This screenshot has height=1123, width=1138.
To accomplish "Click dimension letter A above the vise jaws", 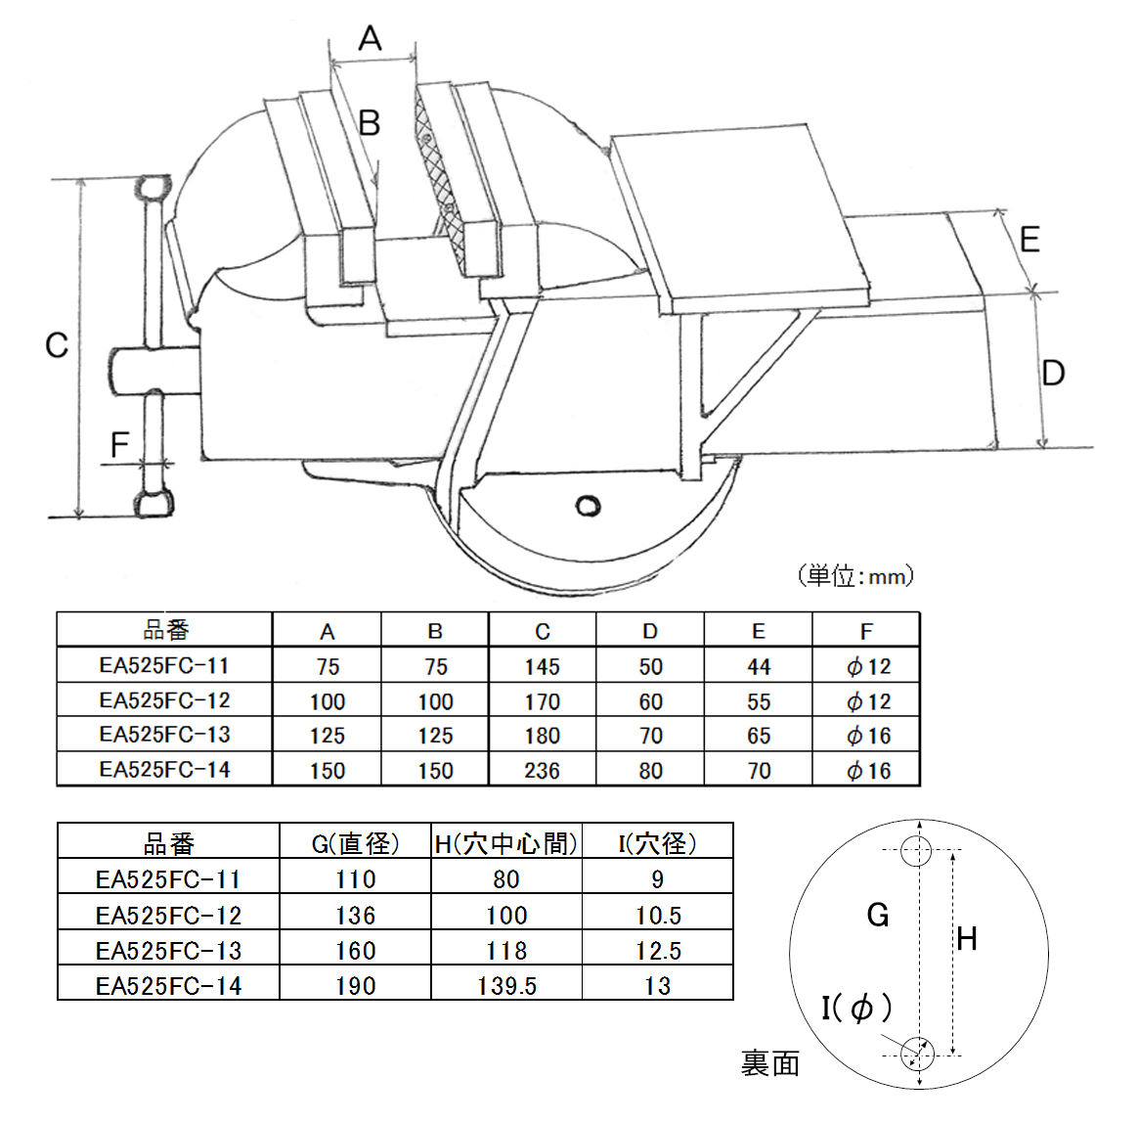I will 370,39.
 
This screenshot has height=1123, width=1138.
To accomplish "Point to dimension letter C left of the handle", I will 57,345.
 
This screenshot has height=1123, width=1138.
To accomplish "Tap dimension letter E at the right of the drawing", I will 1029,240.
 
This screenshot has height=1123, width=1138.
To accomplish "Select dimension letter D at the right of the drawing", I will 1053,373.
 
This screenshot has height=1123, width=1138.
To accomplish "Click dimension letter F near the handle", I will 119,446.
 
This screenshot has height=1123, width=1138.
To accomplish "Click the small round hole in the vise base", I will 588,506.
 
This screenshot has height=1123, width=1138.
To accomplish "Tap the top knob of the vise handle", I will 153,188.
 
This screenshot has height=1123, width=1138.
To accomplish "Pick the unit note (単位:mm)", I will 855,575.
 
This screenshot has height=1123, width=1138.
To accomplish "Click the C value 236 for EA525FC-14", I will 542,771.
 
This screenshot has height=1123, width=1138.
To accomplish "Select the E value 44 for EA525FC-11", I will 759,667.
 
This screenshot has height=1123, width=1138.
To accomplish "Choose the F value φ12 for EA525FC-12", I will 868,701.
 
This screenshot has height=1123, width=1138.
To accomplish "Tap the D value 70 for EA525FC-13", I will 650,736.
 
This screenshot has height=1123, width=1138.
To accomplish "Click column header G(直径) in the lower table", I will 355,843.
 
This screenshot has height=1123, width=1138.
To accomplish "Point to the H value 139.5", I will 506,985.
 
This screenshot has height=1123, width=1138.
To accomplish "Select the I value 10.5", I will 657,915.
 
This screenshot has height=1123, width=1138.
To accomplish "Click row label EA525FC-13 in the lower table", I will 168,950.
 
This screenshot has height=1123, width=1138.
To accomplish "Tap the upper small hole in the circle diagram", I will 917,849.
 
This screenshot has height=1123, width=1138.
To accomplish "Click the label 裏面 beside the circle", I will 770,1063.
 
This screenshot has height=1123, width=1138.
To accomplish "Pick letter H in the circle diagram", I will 967,939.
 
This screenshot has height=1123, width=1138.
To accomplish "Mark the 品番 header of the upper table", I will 165,631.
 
